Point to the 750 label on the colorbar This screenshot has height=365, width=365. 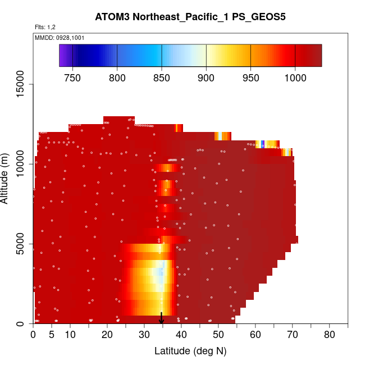click(72, 77)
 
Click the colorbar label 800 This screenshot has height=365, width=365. click(117, 77)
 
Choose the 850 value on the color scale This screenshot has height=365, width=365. click(162, 77)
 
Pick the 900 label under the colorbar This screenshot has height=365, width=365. click(206, 77)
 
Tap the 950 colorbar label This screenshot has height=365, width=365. click(250, 77)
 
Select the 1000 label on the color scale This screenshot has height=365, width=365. click(295, 77)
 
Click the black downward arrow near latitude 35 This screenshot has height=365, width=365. click(162, 319)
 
